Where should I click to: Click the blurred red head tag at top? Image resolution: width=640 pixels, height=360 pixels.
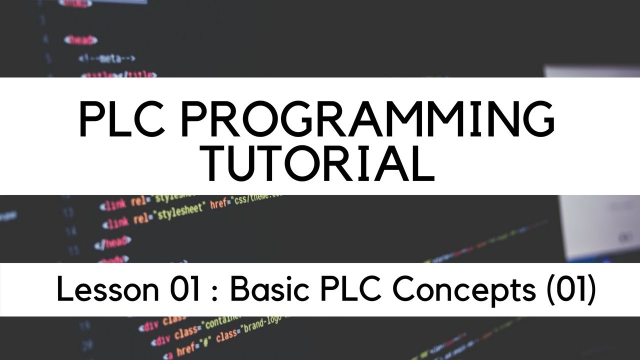click(x=80, y=39)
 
